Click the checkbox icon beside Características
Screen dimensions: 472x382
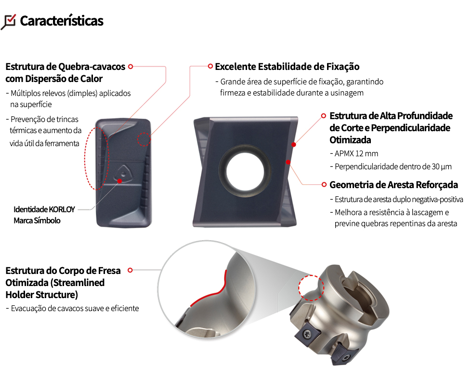coord(9,22)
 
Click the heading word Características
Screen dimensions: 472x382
coord(62,21)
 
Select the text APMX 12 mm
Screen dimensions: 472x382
coord(356,153)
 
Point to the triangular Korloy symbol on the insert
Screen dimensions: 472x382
coord(123,173)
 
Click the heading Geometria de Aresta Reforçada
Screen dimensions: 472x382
coord(394,185)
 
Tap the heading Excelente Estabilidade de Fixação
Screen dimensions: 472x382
coord(287,67)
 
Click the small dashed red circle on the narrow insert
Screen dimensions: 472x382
coord(144,139)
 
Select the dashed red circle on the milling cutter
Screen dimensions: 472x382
coord(311,288)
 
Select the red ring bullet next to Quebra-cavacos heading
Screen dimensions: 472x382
coord(131,67)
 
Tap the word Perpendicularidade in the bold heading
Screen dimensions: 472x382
coord(410,128)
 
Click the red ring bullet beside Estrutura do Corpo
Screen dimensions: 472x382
coord(131,270)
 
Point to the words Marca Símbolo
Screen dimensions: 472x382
coord(37,220)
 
